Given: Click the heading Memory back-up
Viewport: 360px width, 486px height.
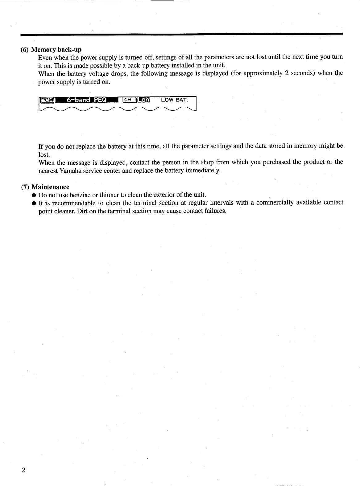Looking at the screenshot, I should tap(56, 49).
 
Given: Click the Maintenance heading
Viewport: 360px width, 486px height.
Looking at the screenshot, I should tap(51, 187).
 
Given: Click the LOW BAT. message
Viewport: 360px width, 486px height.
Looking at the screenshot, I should tap(174, 100).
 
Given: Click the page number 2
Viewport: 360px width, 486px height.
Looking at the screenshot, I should tap(23, 470).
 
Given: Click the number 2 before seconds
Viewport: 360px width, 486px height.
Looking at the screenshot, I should tap(287, 73).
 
